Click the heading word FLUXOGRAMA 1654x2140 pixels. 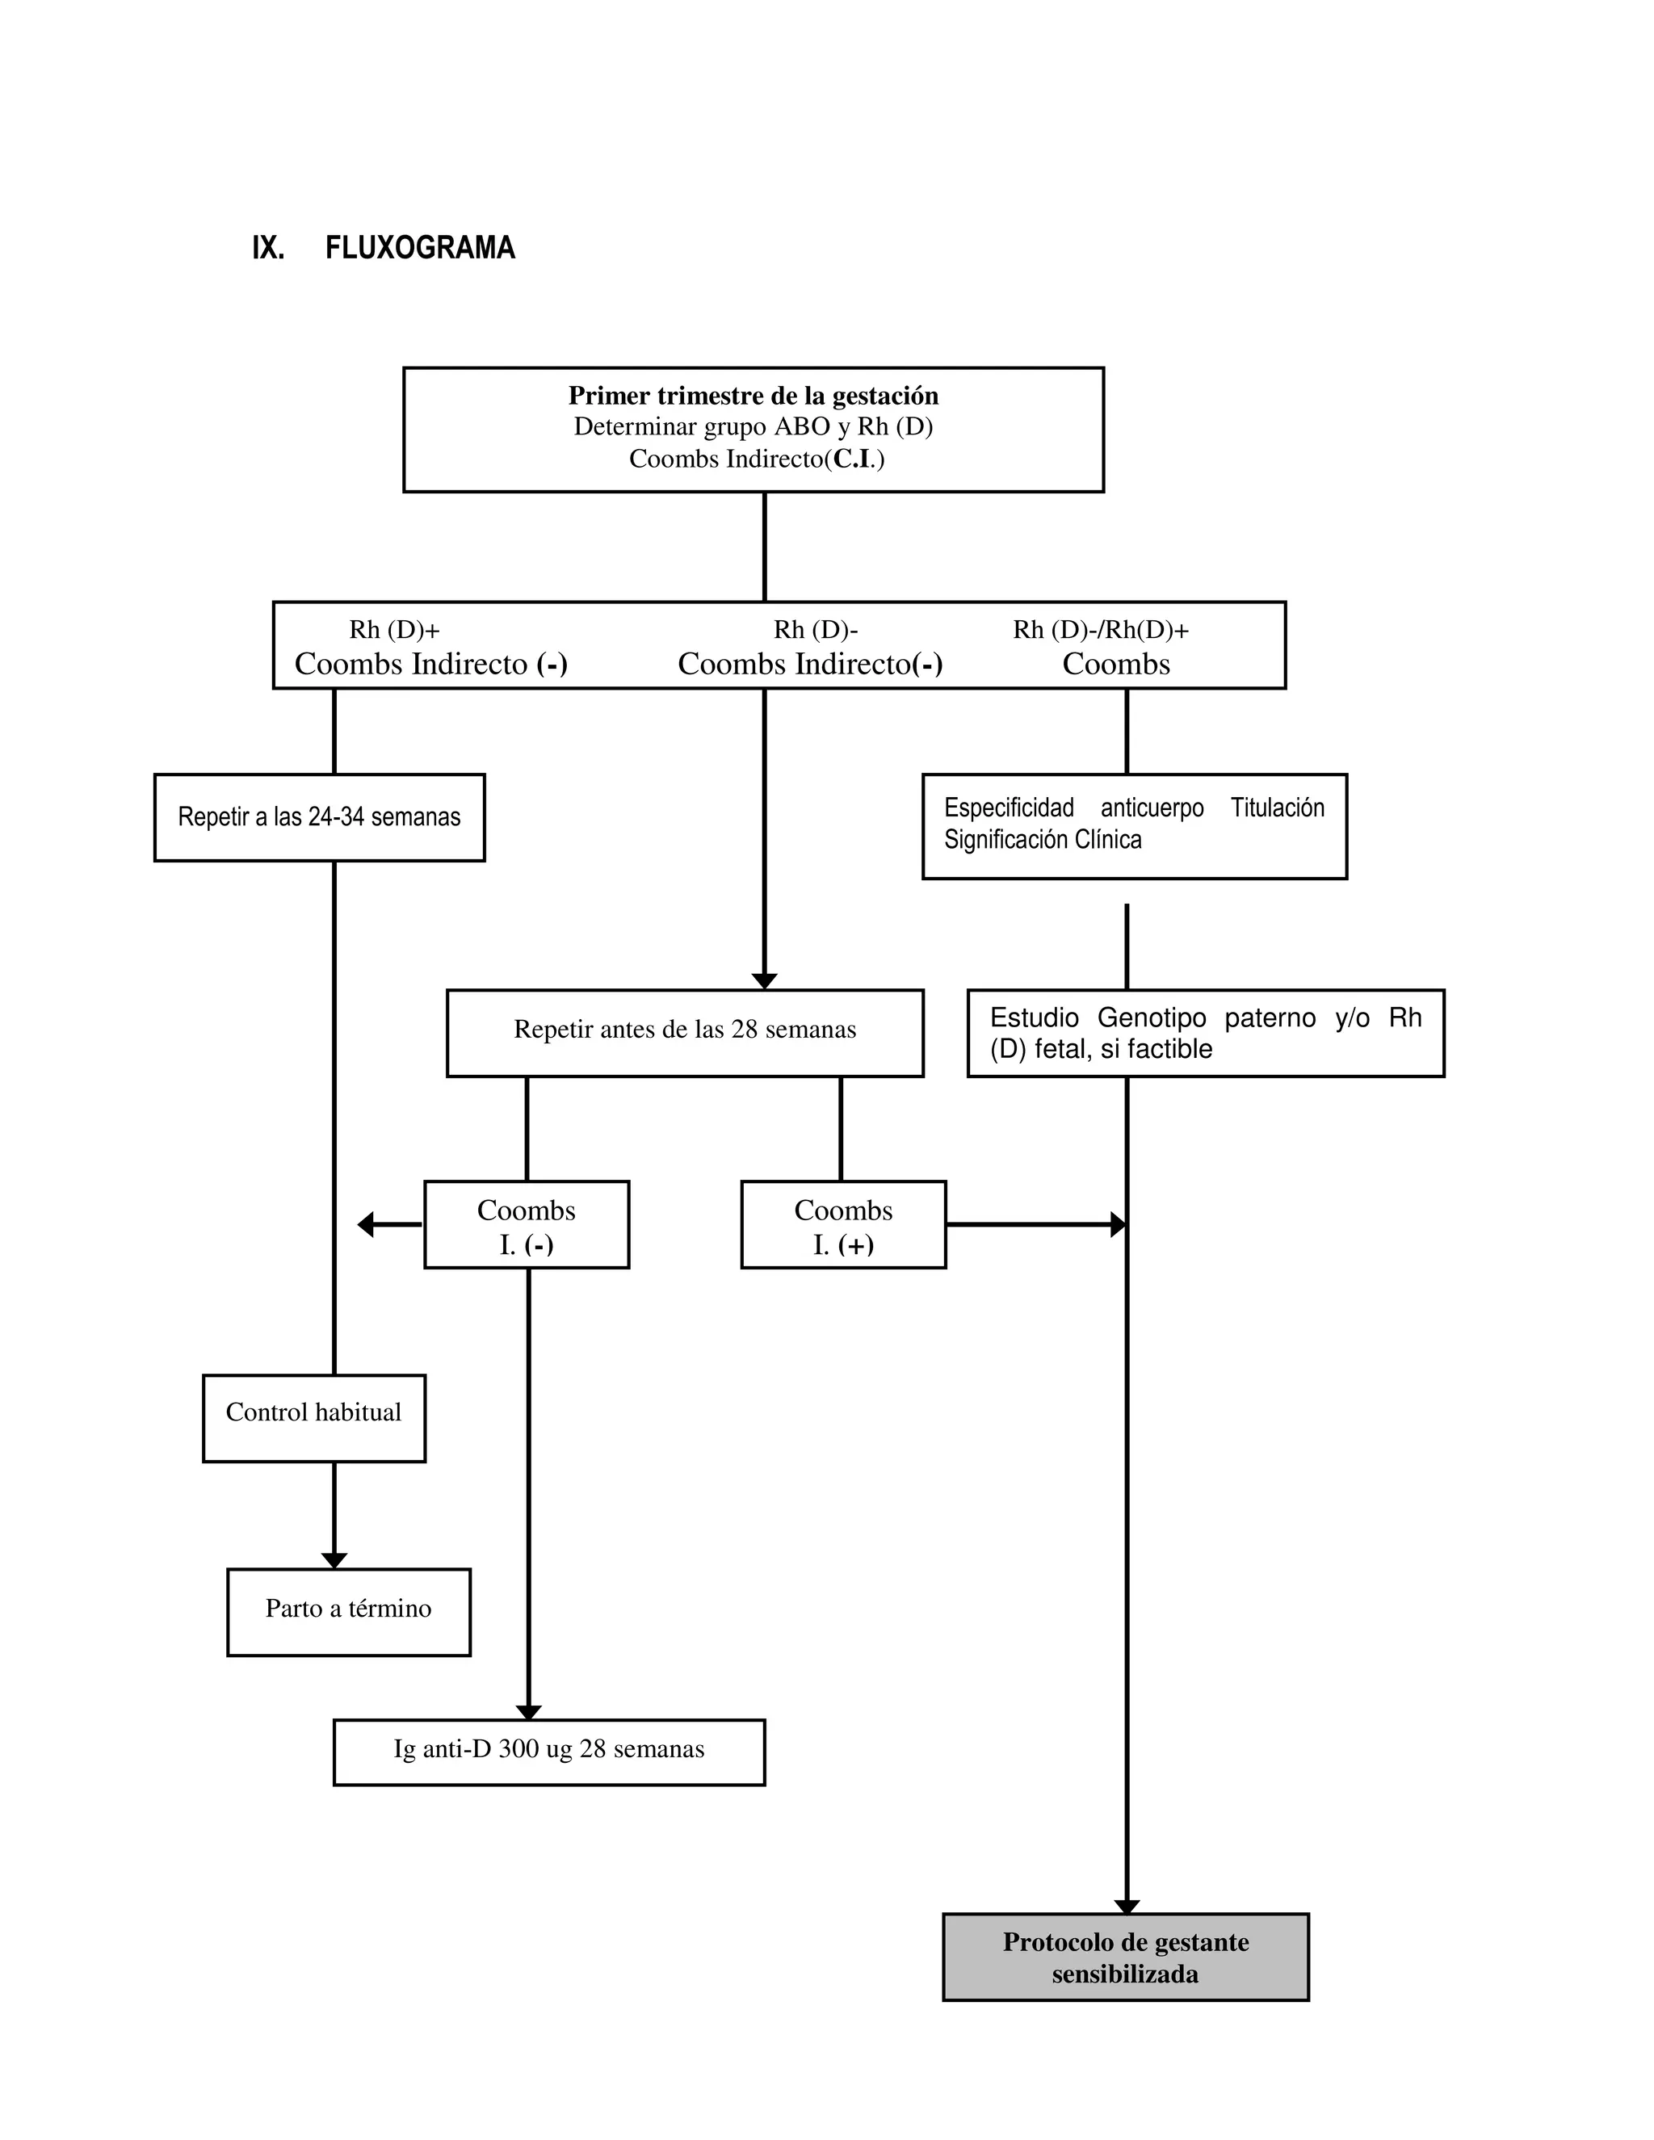pos(419,248)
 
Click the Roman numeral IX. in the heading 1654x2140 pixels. pos(267,248)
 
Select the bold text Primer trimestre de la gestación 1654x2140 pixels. pos(753,396)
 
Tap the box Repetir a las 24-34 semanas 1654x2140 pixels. pos(320,817)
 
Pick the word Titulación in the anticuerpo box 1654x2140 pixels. pos(1277,808)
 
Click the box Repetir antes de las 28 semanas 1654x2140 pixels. pos(684,1032)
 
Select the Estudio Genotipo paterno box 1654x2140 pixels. pos(1205,1033)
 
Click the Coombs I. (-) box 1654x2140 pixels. pos(527,1225)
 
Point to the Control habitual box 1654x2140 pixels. pos(313,1418)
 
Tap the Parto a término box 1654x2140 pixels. pos(348,1612)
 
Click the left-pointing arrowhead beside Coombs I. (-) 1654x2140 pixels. pos(367,1225)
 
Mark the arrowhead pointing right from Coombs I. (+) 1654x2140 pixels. pos(1117,1225)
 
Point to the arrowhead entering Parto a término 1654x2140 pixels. pos(334,1560)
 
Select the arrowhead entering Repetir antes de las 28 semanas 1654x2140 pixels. pos(764,981)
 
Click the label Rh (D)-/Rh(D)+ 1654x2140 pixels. pos(1101,630)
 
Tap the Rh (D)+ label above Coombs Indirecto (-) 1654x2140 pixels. pos(394,630)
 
